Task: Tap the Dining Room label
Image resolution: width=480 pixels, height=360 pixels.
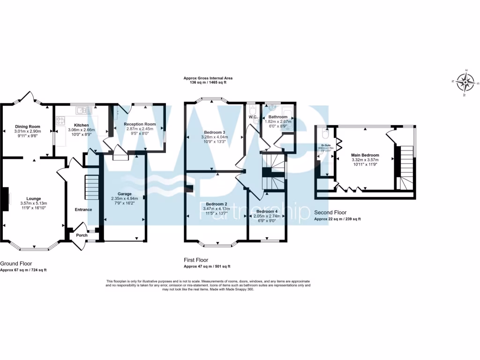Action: click(x=28, y=127)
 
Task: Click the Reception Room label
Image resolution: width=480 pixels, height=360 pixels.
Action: click(x=140, y=124)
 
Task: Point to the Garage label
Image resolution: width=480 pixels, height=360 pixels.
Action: click(x=124, y=194)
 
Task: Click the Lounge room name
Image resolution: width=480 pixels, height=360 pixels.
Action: click(x=34, y=198)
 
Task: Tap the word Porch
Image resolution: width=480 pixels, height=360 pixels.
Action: click(x=82, y=235)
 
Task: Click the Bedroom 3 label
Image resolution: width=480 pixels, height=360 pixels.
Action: click(x=214, y=132)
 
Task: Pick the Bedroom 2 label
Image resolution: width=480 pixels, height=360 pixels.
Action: click(x=217, y=204)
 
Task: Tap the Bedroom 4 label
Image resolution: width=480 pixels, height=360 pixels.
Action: click(x=266, y=211)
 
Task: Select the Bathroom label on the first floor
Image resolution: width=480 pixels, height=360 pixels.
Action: click(x=278, y=117)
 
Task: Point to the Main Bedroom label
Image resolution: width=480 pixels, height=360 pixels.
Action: click(x=365, y=155)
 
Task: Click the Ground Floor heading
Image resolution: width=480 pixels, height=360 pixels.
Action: click(x=16, y=263)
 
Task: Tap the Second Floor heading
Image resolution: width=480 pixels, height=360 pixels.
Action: click(x=330, y=212)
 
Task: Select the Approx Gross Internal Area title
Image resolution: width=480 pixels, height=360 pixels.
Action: click(x=207, y=78)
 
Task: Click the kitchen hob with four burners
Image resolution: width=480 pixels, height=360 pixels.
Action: click(x=61, y=119)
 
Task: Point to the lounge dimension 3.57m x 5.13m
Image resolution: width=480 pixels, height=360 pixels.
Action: click(x=34, y=203)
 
